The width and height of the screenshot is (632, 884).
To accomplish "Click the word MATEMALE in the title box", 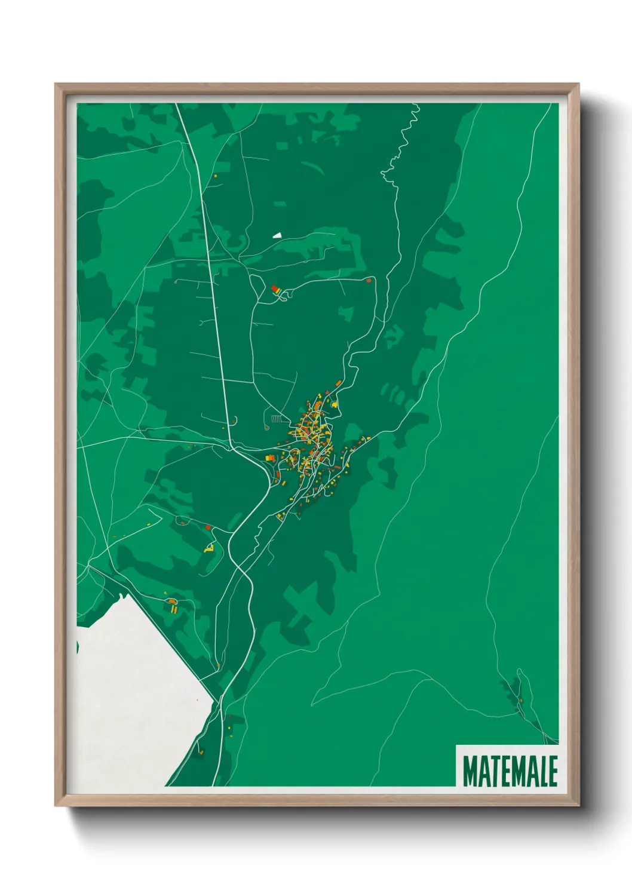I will (x=510, y=771).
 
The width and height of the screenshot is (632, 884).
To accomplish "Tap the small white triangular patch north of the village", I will (x=277, y=235).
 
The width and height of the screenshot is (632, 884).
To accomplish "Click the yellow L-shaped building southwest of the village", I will (x=209, y=547).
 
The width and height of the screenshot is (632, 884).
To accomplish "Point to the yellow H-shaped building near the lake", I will (x=174, y=609).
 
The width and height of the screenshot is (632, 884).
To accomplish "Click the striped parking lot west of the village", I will (x=276, y=419).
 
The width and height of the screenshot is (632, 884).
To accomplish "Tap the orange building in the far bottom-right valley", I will (x=521, y=701).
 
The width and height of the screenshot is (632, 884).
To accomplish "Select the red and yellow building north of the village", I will (x=275, y=290).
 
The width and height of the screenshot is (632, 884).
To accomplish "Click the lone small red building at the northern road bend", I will (x=369, y=280).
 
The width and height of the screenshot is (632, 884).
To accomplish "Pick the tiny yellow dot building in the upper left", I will (x=215, y=176).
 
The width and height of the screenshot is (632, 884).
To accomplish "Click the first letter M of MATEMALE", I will (x=469, y=771).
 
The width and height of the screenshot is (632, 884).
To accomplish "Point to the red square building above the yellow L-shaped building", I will (x=208, y=527).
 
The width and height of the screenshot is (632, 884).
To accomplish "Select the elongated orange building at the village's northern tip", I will (x=338, y=383).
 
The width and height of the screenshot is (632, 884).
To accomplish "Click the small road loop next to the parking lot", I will (x=266, y=426).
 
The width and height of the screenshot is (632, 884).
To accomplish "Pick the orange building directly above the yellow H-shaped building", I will (x=171, y=600).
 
